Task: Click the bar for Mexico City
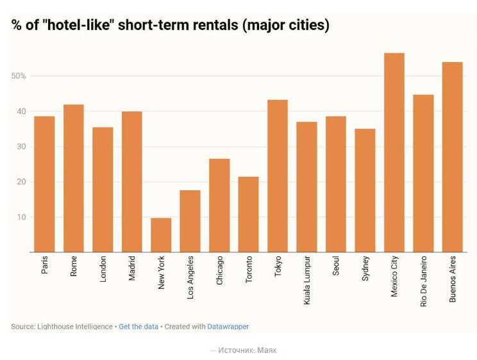pyautogui.click(x=394, y=152)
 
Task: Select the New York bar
pyautogui.click(x=161, y=235)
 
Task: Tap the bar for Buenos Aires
pyautogui.click(x=452, y=157)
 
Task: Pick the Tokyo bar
pyautogui.click(x=277, y=176)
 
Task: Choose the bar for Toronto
pyautogui.click(x=248, y=214)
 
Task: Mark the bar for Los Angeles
pyautogui.click(x=190, y=221)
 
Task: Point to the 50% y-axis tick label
pyautogui.click(x=19, y=76)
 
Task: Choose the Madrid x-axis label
pyautogui.click(x=132, y=269)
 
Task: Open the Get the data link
pyautogui.click(x=138, y=327)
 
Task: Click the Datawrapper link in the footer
pyautogui.click(x=228, y=327)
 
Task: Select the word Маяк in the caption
pyautogui.click(x=267, y=350)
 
